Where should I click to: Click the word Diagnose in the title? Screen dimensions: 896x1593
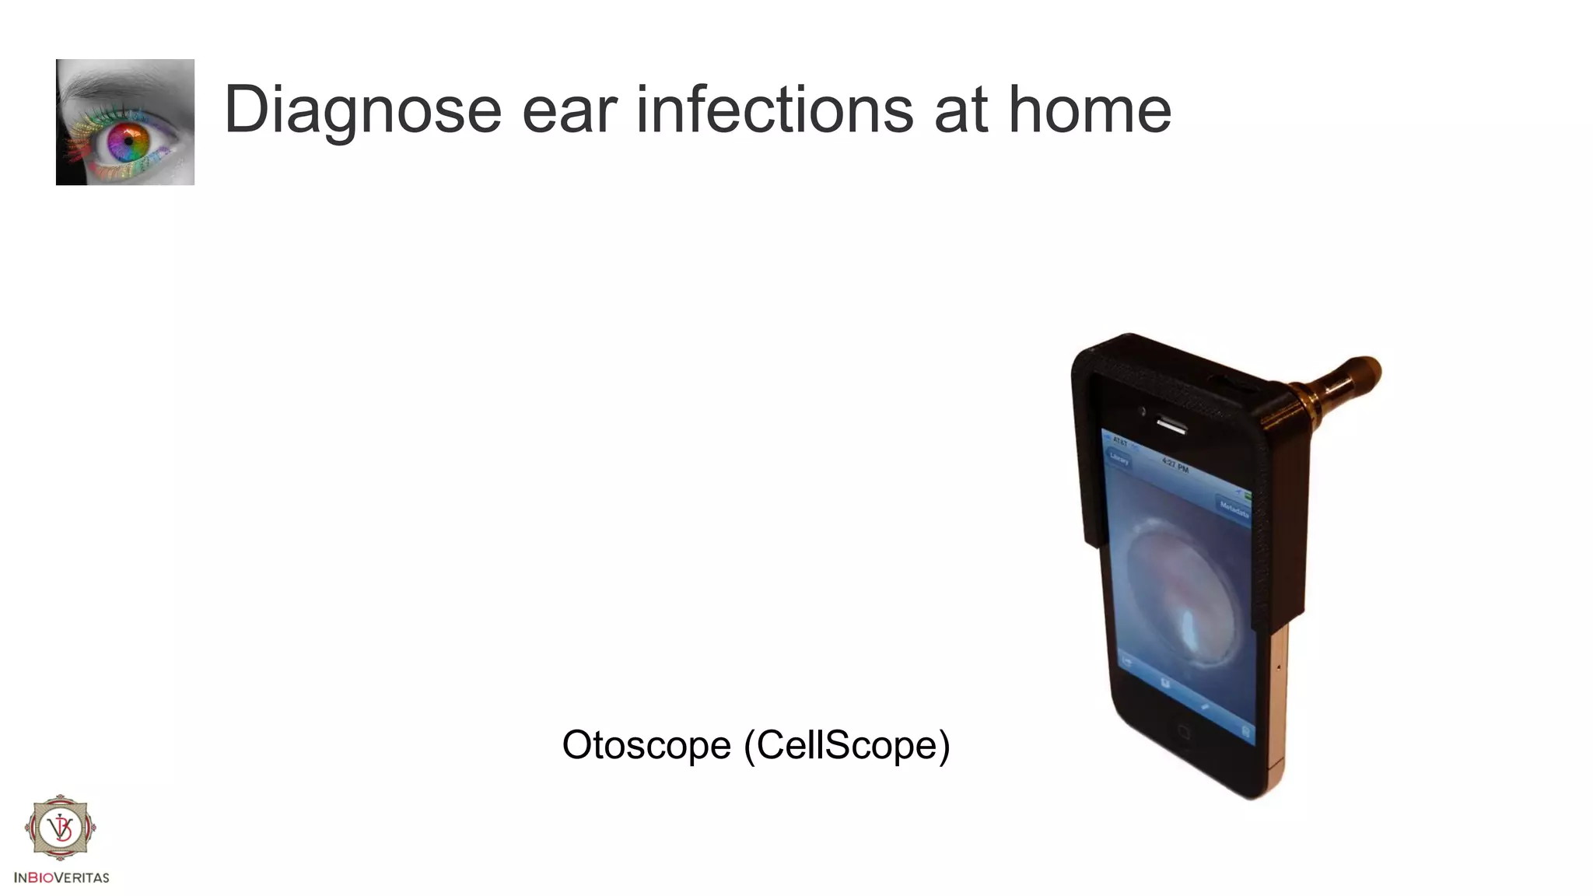(362, 110)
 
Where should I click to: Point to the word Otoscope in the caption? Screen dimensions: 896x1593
(646, 745)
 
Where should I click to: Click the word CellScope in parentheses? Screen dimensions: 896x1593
(848, 745)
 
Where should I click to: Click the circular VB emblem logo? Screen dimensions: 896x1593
(60, 828)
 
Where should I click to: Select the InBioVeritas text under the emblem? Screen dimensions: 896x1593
(61, 877)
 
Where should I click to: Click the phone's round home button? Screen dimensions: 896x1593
(1184, 732)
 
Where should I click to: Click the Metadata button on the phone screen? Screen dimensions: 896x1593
(1233, 509)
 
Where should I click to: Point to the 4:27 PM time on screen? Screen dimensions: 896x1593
(1175, 465)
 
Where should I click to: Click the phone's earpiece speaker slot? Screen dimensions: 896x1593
(1171, 425)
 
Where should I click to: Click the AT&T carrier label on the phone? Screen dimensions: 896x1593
(1120, 441)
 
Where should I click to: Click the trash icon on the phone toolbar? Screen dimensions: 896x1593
(1245, 731)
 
